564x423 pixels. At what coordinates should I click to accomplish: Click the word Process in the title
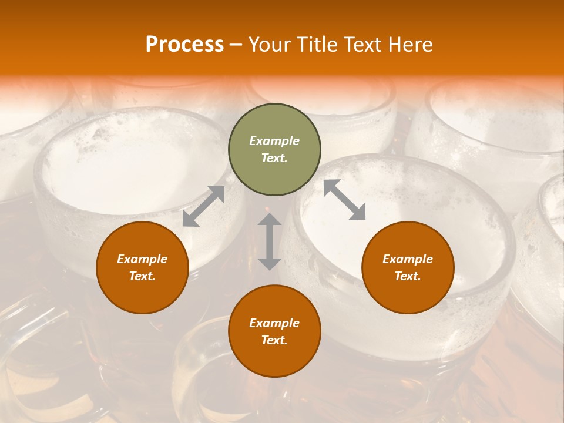pyautogui.click(x=184, y=45)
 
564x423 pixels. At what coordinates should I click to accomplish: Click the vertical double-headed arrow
pyautogui.click(x=270, y=241)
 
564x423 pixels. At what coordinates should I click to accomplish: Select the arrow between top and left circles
pyautogui.click(x=204, y=206)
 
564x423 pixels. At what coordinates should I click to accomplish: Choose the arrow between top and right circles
pyautogui.click(x=344, y=200)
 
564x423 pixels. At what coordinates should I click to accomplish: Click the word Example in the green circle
pyautogui.click(x=274, y=141)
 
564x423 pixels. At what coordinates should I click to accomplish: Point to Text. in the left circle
pyautogui.click(x=142, y=276)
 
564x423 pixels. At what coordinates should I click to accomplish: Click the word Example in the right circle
pyautogui.click(x=408, y=259)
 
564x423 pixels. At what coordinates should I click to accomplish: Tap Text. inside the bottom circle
pyautogui.click(x=274, y=340)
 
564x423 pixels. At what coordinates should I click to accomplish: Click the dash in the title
pyautogui.click(x=236, y=45)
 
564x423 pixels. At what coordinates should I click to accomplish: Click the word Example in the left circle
pyautogui.click(x=142, y=259)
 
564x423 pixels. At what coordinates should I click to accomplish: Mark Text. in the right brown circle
pyautogui.click(x=408, y=276)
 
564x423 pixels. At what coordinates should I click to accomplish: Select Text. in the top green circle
pyautogui.click(x=274, y=158)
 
